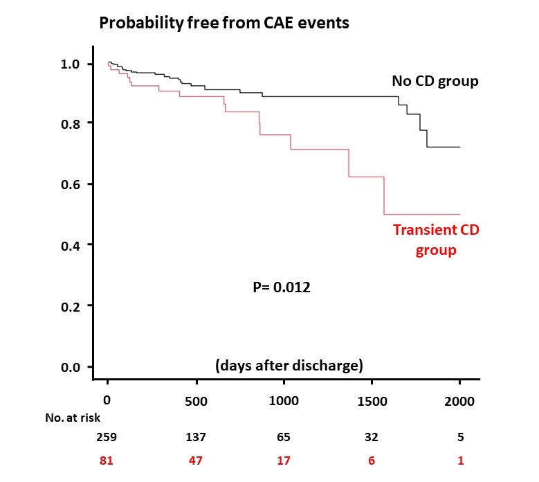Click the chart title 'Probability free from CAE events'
224,24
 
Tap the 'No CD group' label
435,82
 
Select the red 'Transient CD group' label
436,240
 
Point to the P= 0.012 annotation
281,287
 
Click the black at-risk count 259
108,438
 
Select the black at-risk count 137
197,438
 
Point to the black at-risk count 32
373,438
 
